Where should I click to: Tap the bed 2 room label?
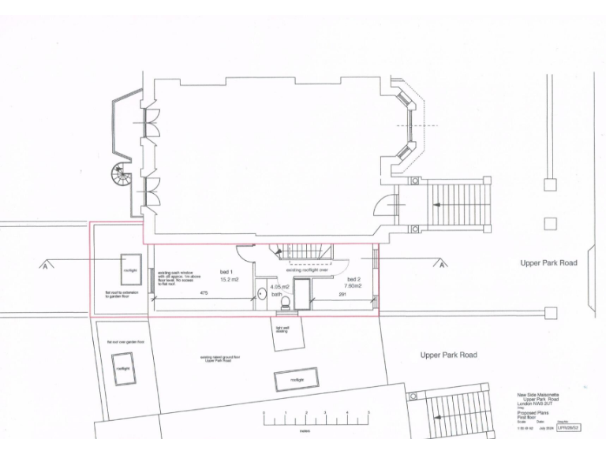[x=353, y=279]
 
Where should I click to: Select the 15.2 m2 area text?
[x=229, y=279]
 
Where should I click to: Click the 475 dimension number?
[x=204, y=294]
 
